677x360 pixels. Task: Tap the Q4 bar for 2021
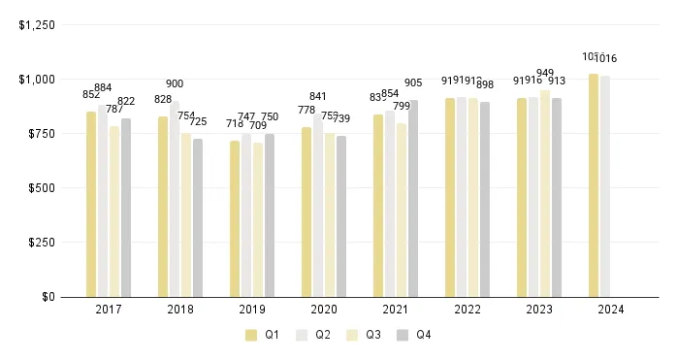coord(413,198)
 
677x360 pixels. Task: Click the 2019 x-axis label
coord(252,311)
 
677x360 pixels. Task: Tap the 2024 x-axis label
coord(611,311)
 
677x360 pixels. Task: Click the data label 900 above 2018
coord(175,84)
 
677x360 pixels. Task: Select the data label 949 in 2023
coord(545,73)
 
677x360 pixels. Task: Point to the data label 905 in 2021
coord(413,82)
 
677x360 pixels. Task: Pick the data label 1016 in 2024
coord(606,59)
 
